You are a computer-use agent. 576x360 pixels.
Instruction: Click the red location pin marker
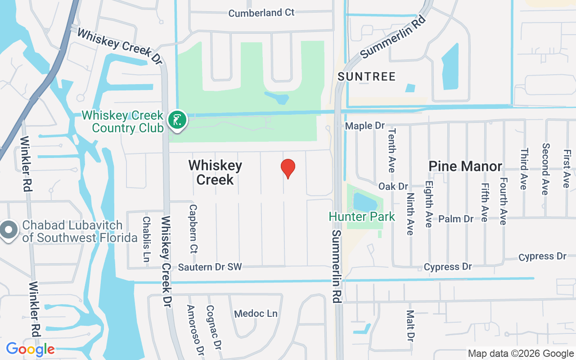coord(288,168)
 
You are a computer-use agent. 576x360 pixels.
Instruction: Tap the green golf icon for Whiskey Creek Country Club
coord(178,120)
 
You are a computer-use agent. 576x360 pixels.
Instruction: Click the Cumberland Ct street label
coord(261,13)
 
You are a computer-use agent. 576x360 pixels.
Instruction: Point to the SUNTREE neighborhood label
coord(367,76)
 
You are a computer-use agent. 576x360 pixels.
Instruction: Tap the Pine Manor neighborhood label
coord(465,166)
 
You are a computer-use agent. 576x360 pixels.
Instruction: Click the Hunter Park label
coord(362,216)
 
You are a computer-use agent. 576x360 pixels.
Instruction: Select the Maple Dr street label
coord(365,126)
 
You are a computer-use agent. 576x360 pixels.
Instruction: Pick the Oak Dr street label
coord(393,186)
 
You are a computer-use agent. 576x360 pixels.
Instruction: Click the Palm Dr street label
coord(456,219)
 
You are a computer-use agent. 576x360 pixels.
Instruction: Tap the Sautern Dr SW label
coord(210,267)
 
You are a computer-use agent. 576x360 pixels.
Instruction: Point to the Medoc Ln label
coord(256,314)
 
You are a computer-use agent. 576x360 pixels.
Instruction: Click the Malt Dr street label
coord(410,326)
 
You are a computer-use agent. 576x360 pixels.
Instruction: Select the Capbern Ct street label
coord(193,229)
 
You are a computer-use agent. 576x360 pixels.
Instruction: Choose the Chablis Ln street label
coord(146,239)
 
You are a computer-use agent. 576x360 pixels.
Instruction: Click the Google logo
coord(30,349)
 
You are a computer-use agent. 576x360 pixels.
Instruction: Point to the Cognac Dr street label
coord(214,328)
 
